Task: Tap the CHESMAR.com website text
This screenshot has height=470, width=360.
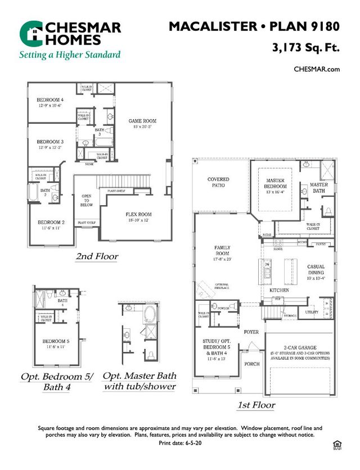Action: (317, 69)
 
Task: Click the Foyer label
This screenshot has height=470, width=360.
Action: (251, 332)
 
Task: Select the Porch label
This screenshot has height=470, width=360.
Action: (252, 364)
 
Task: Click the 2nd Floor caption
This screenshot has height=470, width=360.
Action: (97, 256)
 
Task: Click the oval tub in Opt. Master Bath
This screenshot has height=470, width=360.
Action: (150, 313)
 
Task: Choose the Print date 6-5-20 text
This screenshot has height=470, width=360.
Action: (180, 444)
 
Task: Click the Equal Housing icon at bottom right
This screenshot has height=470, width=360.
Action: (337, 444)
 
